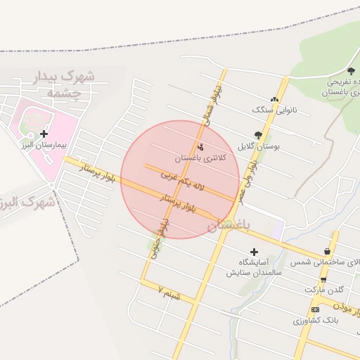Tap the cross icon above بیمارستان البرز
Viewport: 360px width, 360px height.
pyautogui.click(x=44, y=133)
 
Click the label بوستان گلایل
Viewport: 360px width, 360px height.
pyautogui.click(x=258, y=146)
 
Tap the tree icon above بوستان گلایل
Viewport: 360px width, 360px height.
pyautogui.click(x=258, y=135)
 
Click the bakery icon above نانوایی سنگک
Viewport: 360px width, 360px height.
pyautogui.click(x=274, y=100)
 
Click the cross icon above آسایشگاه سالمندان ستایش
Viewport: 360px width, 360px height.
pyautogui.click(x=254, y=252)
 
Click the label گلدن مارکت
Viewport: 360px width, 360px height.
pyautogui.click(x=324, y=290)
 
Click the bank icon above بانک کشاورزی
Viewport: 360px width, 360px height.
pyautogui.click(x=315, y=309)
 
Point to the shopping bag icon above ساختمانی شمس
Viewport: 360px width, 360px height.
pyautogui.click(x=328, y=251)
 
